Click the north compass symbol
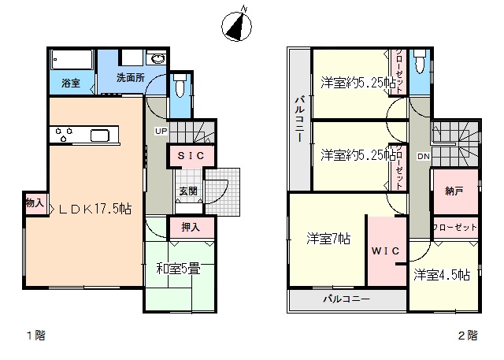(x=237, y=25)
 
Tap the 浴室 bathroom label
(x=71, y=84)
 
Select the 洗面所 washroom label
(x=131, y=77)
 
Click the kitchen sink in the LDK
(x=100, y=135)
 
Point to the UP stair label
(x=161, y=131)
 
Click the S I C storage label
(x=191, y=156)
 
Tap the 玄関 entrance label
(x=188, y=191)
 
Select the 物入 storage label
(x=35, y=202)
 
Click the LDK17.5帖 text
(x=95, y=210)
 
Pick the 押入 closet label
(x=191, y=227)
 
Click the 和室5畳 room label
(x=179, y=269)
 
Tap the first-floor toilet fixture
(x=180, y=86)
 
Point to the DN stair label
(x=424, y=157)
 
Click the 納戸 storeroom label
(x=454, y=191)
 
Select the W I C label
(x=386, y=251)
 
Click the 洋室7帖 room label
(x=328, y=239)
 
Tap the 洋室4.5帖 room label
(x=442, y=275)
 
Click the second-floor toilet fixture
(x=420, y=61)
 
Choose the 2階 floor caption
(x=468, y=336)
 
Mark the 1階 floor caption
(x=36, y=336)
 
